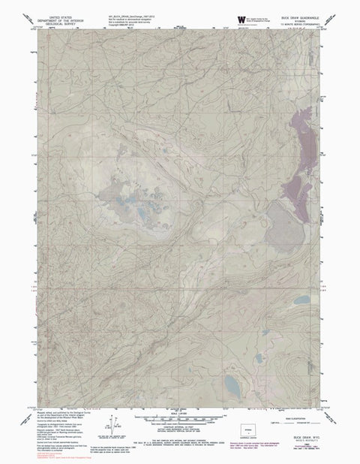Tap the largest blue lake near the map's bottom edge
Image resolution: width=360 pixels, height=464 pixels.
(x=230, y=389)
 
